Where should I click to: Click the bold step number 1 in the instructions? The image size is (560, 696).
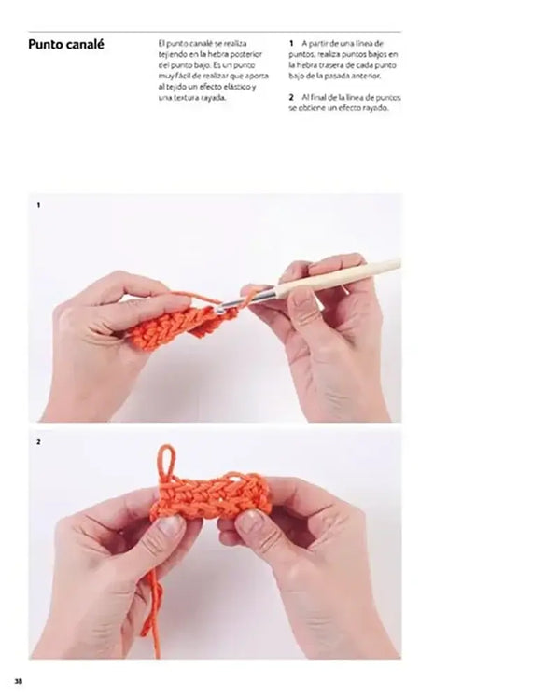tap(291, 44)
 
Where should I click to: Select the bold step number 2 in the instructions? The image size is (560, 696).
tap(291, 97)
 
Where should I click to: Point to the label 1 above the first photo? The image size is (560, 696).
tap(38, 203)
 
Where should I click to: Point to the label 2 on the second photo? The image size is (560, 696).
tap(38, 441)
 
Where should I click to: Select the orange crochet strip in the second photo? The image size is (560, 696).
tap(212, 496)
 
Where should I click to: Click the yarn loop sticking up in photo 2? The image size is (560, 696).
tap(166, 461)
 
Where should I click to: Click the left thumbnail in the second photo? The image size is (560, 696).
tap(170, 526)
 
